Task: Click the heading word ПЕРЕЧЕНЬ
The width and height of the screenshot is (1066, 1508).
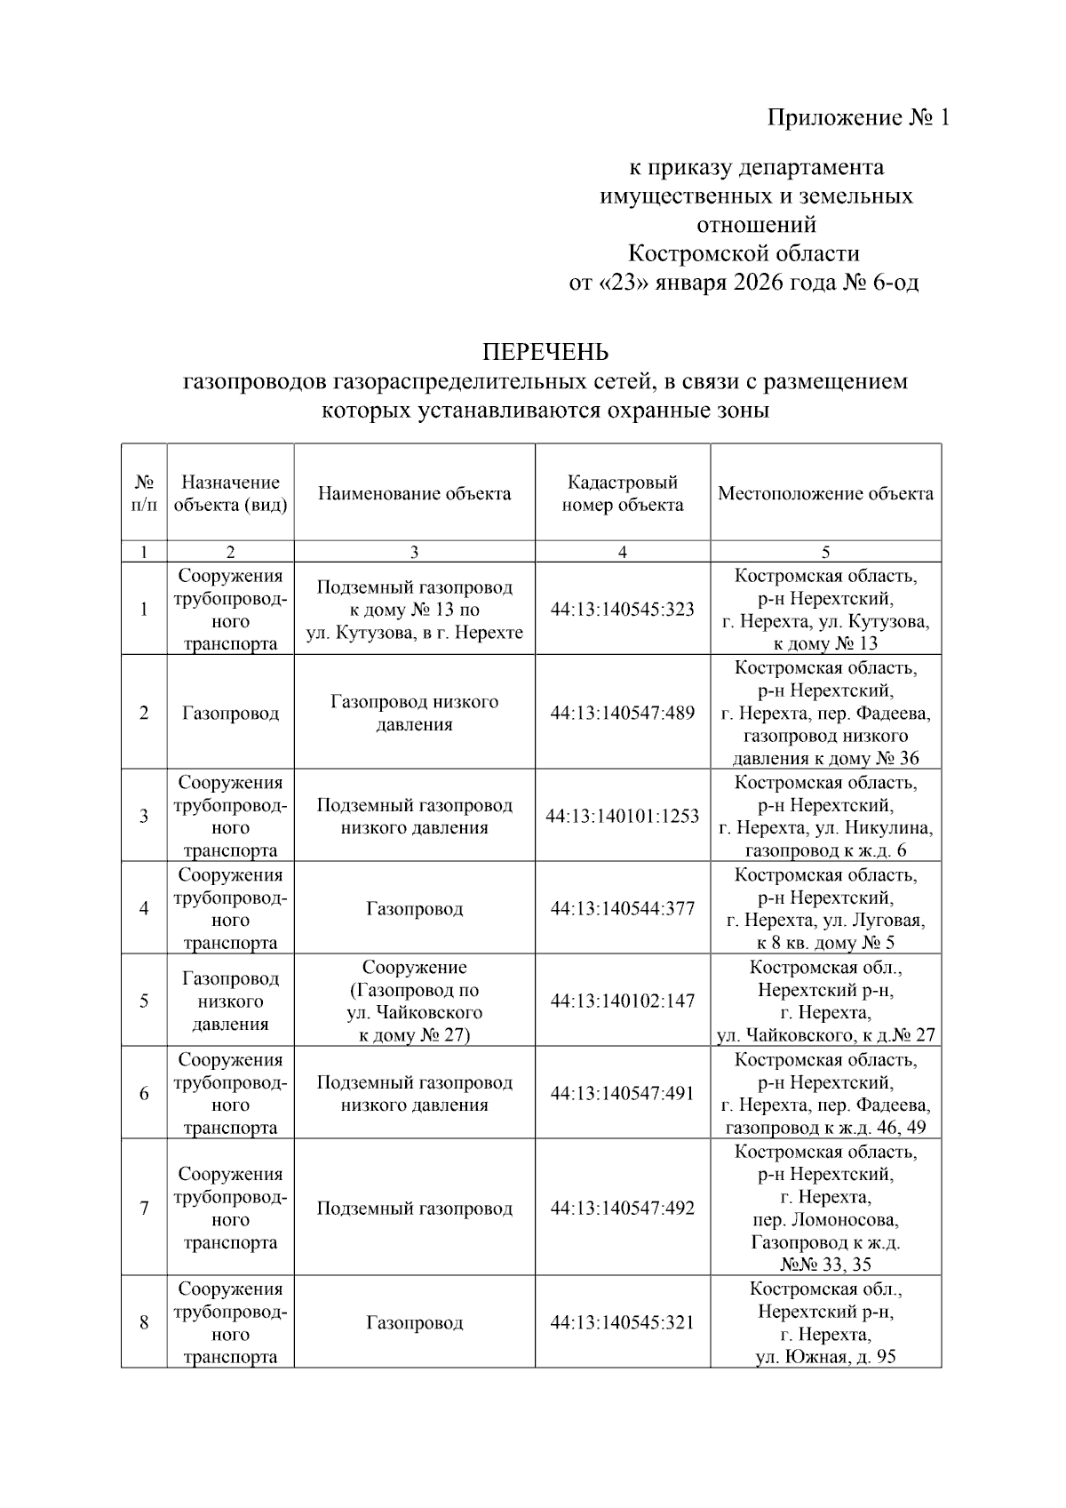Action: [x=545, y=353]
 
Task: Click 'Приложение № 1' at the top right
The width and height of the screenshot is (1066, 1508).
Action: [x=858, y=118]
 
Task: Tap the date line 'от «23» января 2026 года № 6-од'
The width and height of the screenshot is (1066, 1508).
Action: [x=744, y=283]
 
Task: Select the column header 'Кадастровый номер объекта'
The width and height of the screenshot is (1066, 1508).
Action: [x=622, y=493]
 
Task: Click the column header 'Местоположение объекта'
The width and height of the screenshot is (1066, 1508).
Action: [x=825, y=493]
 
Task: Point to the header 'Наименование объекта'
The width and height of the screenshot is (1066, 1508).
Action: [x=414, y=493]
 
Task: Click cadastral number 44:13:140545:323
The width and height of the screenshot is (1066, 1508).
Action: [x=622, y=610]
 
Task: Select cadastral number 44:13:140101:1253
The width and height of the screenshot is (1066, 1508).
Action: [x=622, y=816]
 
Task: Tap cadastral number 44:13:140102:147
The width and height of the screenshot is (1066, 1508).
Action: [x=622, y=1001]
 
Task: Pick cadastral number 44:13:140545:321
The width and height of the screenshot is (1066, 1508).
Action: [x=622, y=1322]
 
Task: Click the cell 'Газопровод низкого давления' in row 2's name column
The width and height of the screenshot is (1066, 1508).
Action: [x=414, y=713]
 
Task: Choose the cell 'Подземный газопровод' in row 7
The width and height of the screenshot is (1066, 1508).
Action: [x=414, y=1209]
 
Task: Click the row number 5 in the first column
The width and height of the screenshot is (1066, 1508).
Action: [x=144, y=1001]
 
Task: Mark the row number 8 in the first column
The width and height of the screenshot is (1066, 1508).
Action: [x=144, y=1322]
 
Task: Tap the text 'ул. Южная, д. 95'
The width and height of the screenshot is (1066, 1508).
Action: [x=825, y=1357]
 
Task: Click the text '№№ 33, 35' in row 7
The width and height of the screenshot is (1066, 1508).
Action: [x=825, y=1265]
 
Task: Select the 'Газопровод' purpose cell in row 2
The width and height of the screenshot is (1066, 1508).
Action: [x=230, y=713]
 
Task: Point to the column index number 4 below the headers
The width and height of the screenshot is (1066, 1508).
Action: [x=622, y=552]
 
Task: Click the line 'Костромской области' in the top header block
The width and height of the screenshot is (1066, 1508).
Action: [x=744, y=254]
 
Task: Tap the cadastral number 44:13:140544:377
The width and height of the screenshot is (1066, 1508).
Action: [x=622, y=908]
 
